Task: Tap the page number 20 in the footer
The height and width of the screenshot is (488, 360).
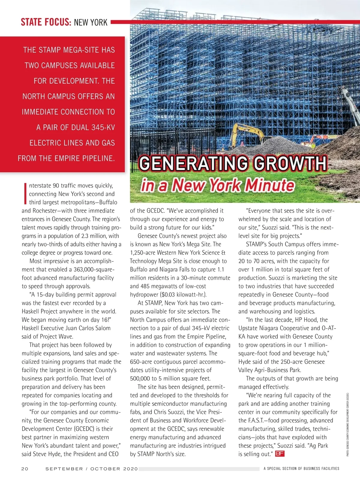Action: coord(25,468)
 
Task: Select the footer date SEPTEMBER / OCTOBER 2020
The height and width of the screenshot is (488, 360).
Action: coord(91,468)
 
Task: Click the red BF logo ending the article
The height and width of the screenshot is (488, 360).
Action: coord(279,453)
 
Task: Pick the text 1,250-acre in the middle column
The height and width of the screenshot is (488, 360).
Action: coord(142,253)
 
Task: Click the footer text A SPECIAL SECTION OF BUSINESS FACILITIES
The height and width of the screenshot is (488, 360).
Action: coord(301,468)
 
